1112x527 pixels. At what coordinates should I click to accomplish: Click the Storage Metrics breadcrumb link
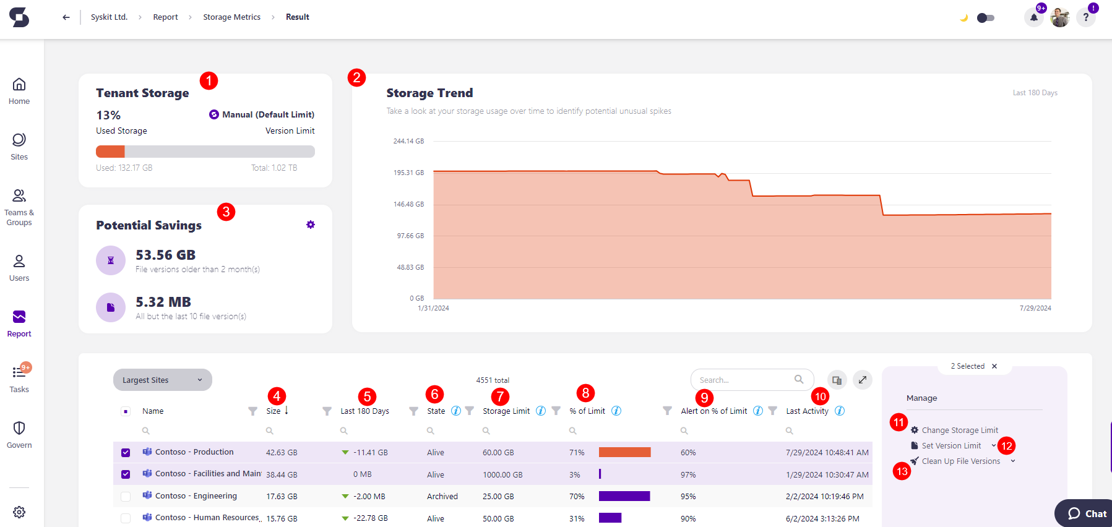coord(231,17)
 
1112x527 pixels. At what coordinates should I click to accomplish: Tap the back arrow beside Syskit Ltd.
coord(66,17)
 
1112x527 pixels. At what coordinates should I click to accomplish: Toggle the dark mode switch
coord(985,18)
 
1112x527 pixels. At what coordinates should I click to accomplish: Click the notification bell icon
coord(1033,18)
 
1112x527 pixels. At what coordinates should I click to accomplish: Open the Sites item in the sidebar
coord(19,147)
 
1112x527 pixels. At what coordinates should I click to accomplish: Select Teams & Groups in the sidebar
coord(19,207)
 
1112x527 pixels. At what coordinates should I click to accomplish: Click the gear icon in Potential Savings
coord(311,225)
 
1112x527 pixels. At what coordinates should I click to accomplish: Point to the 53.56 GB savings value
coord(165,255)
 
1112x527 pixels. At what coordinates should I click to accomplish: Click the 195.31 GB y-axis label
coord(408,173)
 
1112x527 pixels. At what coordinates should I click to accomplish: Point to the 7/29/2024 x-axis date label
coord(1035,308)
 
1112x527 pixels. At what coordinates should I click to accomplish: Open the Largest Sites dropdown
coord(162,380)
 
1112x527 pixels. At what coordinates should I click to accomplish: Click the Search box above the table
coord(745,380)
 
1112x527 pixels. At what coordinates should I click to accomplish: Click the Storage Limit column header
coord(506,411)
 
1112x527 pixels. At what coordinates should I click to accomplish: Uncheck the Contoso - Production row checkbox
coord(126,453)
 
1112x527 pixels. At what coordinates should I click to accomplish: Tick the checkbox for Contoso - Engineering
coord(126,496)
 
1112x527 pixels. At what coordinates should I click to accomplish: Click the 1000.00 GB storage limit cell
coord(502,475)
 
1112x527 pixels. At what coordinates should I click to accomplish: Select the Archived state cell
coord(442,497)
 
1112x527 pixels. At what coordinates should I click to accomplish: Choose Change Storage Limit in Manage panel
coord(959,431)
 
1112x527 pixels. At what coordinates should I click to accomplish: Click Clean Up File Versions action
coord(960,461)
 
